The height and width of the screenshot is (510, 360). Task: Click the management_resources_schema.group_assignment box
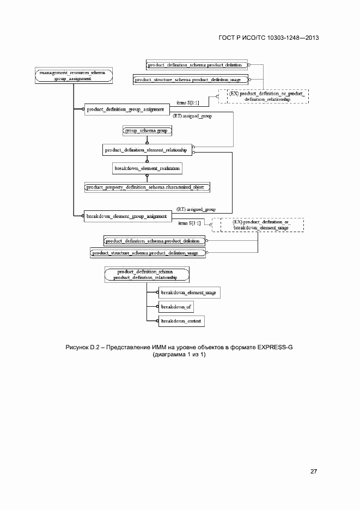tap(73, 75)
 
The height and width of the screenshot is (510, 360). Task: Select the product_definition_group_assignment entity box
tap(125, 110)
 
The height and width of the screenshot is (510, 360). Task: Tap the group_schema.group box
tap(148, 131)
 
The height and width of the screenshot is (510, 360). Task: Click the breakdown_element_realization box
tap(147, 169)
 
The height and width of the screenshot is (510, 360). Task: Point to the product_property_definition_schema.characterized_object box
tap(147, 187)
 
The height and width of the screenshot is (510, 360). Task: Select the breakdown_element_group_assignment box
tap(127, 216)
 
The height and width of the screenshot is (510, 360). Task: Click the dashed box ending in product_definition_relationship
tap(263, 96)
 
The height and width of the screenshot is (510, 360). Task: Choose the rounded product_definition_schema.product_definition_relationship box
tap(146, 275)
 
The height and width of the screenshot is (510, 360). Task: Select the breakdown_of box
tap(174, 307)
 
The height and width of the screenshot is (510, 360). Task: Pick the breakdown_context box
tap(181, 321)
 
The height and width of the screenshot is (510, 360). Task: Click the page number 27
tap(314, 471)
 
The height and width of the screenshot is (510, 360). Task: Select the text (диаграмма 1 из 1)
tap(180, 355)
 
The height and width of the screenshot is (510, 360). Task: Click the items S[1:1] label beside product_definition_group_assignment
tap(188, 101)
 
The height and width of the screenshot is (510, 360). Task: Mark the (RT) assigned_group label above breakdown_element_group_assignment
tap(196, 209)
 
